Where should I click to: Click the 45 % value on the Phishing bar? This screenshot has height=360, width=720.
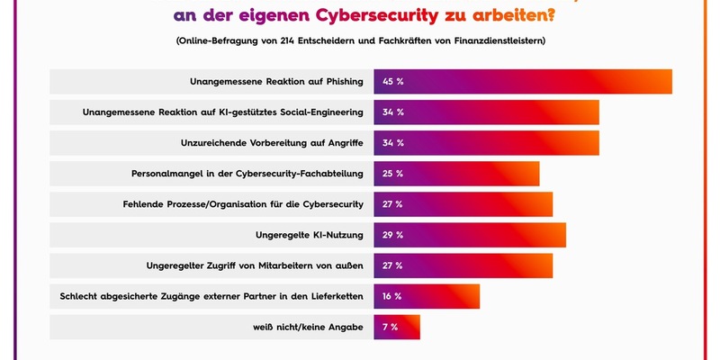(x=393, y=82)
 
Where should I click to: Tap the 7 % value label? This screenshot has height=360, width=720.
(x=390, y=327)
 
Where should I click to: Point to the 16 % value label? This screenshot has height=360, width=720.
(x=392, y=296)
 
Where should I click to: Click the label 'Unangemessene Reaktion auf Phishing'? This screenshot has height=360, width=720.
(x=276, y=82)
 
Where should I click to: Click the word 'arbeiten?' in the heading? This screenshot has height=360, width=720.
(x=509, y=15)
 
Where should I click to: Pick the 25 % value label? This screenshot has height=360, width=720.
(x=392, y=174)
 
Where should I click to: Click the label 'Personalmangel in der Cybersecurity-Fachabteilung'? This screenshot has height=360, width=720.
(x=247, y=174)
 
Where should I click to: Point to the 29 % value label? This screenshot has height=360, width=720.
(x=392, y=235)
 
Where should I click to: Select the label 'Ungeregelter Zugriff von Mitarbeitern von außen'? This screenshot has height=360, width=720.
(x=255, y=265)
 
